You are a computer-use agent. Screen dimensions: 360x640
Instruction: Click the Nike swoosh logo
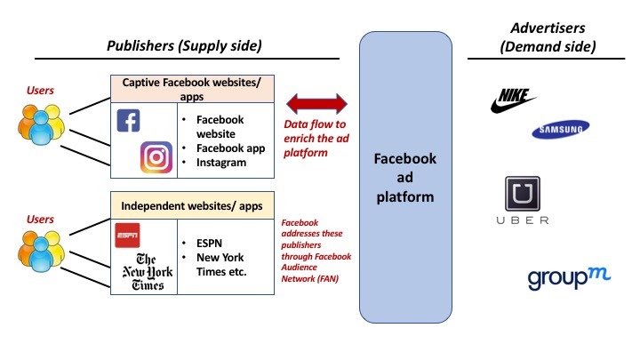pyautogui.click(x=515, y=100)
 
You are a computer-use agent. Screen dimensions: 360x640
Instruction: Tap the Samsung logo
pyautogui.click(x=558, y=131)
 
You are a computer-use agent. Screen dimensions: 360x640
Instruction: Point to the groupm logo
pyautogui.click(x=559, y=277)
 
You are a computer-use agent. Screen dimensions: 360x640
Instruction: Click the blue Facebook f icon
pyautogui.click(x=129, y=121)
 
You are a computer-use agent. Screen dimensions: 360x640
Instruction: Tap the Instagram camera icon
pyautogui.click(x=156, y=157)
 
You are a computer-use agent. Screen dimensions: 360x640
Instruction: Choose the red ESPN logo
pyautogui.click(x=128, y=236)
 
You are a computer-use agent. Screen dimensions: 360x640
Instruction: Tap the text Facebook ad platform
pyautogui.click(x=405, y=178)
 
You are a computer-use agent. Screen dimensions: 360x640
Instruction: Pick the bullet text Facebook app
pyautogui.click(x=230, y=148)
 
